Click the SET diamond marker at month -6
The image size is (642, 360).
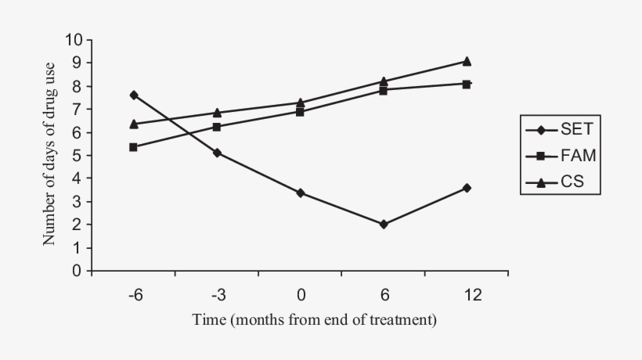[x=134, y=95]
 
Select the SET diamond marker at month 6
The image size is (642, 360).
[x=384, y=224]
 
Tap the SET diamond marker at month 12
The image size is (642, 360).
[x=467, y=188]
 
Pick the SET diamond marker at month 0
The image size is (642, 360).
[x=301, y=193]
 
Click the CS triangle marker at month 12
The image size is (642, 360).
[x=467, y=61]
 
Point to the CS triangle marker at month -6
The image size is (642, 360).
[x=134, y=124]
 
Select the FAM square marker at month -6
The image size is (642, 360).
[x=134, y=147]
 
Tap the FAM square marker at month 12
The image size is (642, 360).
[x=467, y=84]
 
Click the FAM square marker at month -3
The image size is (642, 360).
[x=217, y=126]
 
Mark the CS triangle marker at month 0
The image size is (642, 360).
[x=301, y=103]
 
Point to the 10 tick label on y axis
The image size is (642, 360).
[x=74, y=40]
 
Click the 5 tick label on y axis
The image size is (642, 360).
[x=78, y=156]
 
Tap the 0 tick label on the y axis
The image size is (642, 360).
[x=78, y=272]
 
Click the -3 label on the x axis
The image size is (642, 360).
[x=217, y=295]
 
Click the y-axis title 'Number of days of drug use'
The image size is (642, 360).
[x=49, y=153]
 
